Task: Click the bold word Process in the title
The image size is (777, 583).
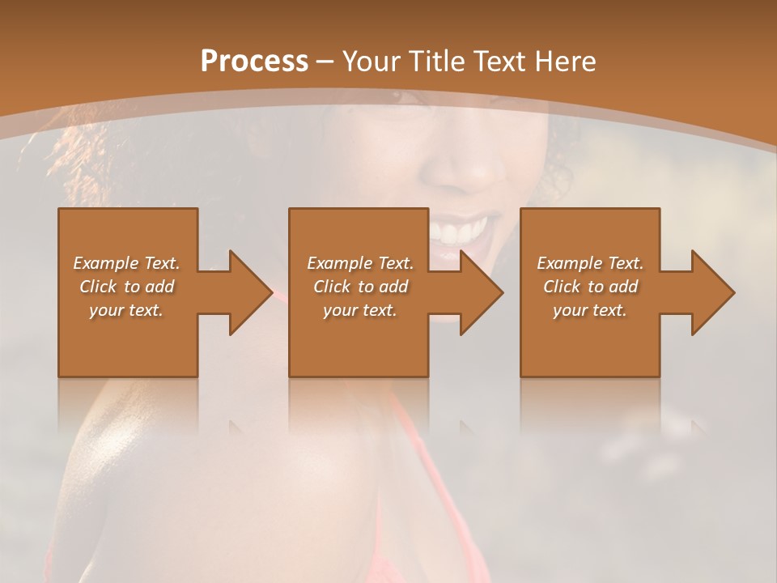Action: pyautogui.click(x=254, y=61)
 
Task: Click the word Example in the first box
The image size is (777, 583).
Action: pyautogui.click(x=106, y=263)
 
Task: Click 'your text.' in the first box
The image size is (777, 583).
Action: pyautogui.click(x=126, y=310)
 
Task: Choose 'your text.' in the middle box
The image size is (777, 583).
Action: pyautogui.click(x=360, y=310)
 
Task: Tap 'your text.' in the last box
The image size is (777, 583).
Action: pyautogui.click(x=590, y=310)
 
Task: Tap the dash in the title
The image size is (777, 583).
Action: pyautogui.click(x=325, y=62)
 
